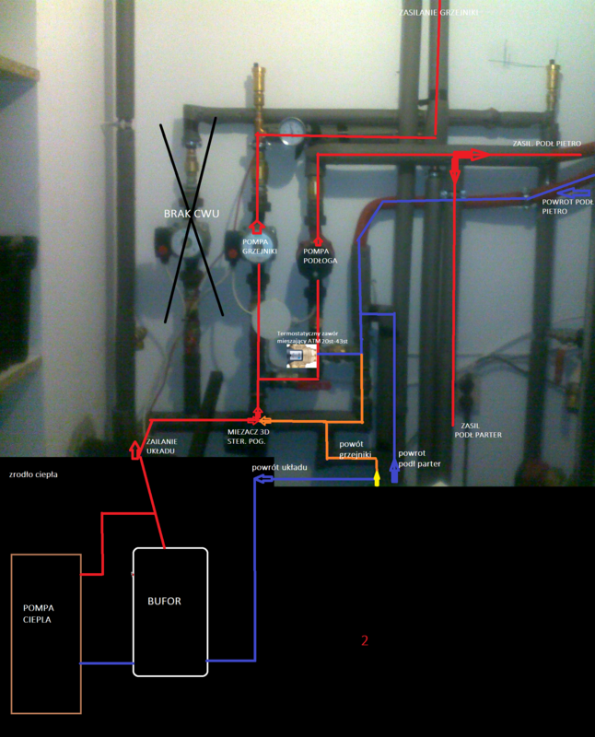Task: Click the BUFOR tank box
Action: pyautogui.click(x=170, y=612)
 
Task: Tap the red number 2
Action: pyautogui.click(x=365, y=639)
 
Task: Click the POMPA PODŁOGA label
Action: pyautogui.click(x=318, y=255)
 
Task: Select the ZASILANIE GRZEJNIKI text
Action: pyautogui.click(x=440, y=13)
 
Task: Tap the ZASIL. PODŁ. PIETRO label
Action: pyautogui.click(x=546, y=144)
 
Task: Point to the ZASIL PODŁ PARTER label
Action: pyautogui.click(x=478, y=429)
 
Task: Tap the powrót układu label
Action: pyautogui.click(x=279, y=467)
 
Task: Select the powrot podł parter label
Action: pyautogui.click(x=418, y=459)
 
